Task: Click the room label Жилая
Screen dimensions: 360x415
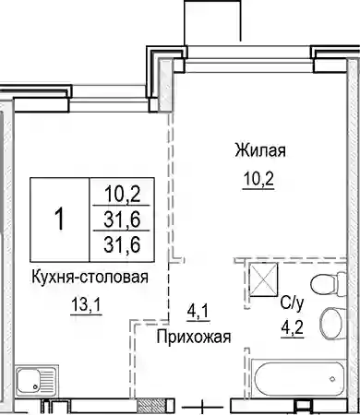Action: (x=260, y=150)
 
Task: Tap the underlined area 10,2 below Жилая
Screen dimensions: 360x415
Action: (x=258, y=178)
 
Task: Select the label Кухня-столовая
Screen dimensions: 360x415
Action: (x=90, y=278)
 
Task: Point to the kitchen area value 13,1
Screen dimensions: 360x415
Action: (x=86, y=305)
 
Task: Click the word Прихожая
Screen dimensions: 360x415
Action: (x=194, y=337)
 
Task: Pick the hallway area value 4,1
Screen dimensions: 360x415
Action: (x=198, y=312)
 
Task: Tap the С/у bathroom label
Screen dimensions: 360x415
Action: (x=292, y=303)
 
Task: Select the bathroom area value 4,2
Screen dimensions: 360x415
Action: (x=292, y=328)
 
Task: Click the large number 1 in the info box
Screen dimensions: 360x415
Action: (x=60, y=219)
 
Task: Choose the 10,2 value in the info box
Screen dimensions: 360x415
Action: (x=123, y=195)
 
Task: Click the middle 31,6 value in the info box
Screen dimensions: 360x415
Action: (x=122, y=219)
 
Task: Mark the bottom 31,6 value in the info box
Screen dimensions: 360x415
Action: (x=122, y=244)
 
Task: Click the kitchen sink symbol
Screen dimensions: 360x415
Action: (x=36, y=382)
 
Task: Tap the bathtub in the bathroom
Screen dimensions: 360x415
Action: (x=297, y=379)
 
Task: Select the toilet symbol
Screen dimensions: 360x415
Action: (x=328, y=283)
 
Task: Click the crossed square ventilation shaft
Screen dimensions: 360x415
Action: (x=263, y=279)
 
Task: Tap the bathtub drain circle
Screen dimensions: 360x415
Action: (x=332, y=379)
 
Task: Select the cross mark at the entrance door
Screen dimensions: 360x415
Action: (x=202, y=408)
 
